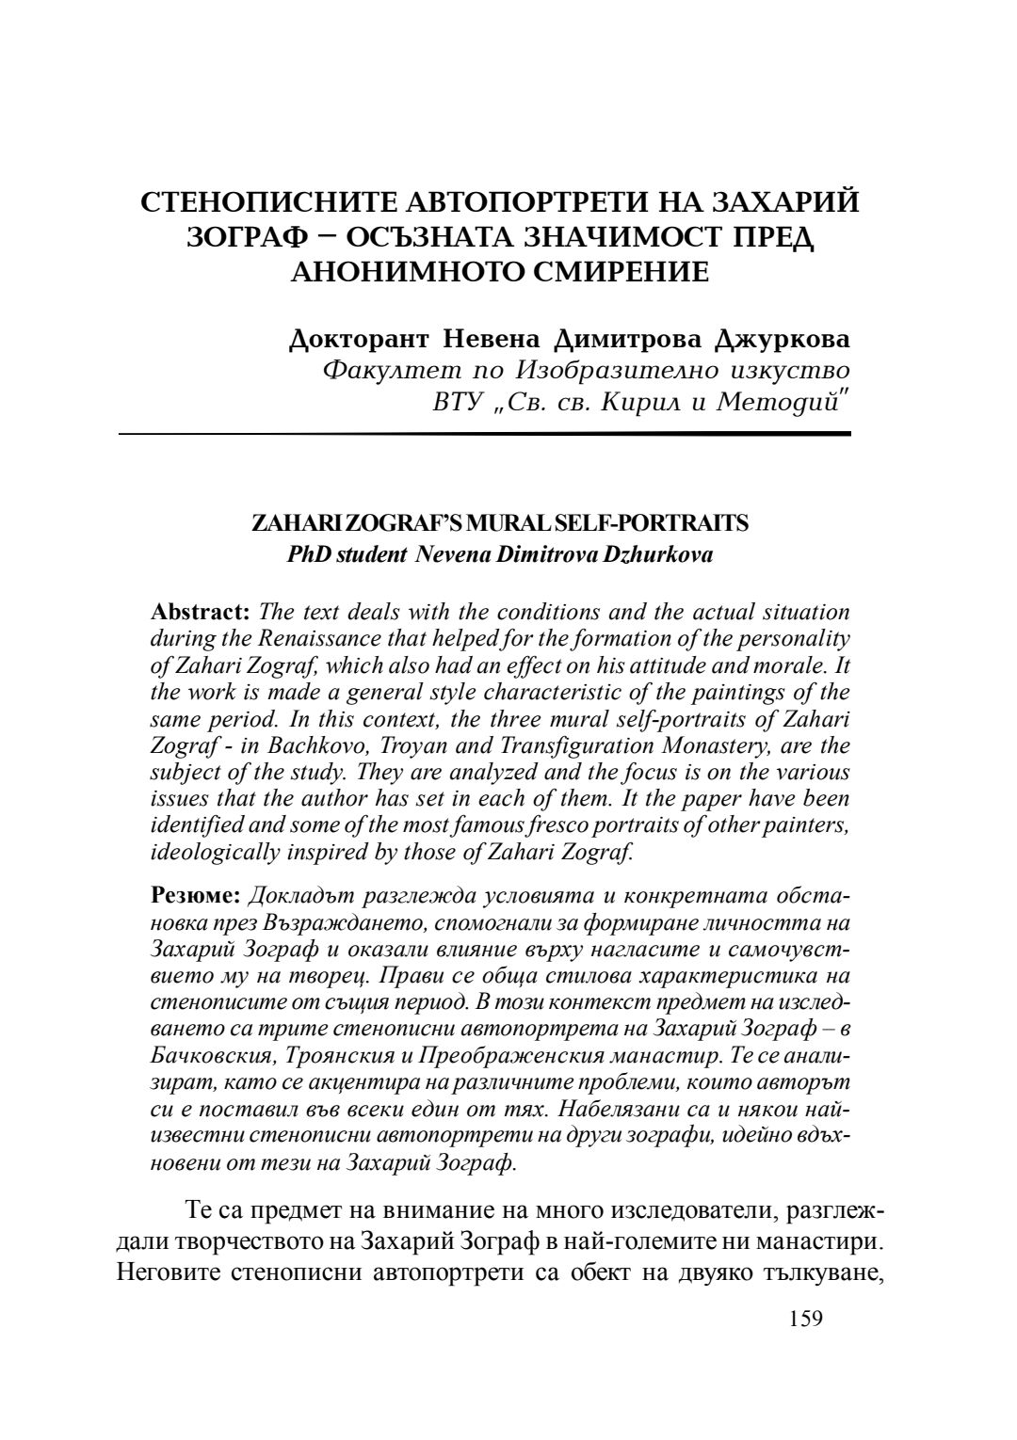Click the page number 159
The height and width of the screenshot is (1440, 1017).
804,1319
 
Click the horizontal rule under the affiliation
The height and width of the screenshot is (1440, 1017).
484,434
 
